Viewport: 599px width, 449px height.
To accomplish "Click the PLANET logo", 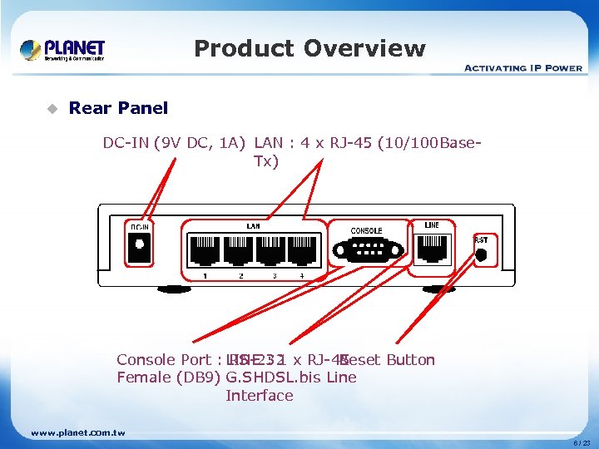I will [62, 50].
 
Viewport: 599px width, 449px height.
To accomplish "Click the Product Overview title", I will [309, 49].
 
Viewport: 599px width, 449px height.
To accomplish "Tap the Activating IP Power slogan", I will [522, 68].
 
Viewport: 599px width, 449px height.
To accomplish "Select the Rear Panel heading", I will [118, 108].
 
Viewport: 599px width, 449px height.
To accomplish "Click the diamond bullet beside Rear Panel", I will [52, 108].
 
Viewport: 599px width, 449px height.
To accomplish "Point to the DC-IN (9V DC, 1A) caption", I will [174, 143].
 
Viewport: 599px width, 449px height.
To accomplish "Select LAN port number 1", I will [205, 249].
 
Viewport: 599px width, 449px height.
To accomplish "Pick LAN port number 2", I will [240, 249].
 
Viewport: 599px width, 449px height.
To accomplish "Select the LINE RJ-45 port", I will [432, 246].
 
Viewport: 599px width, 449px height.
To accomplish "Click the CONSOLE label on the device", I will [366, 230].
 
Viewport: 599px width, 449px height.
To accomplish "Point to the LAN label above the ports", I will [253, 225].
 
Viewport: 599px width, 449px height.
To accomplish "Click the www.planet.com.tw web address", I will [78, 432].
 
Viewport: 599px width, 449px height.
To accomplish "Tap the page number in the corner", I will [582, 443].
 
